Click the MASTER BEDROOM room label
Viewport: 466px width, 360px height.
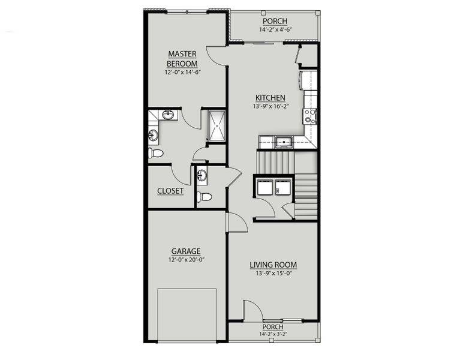[x=182, y=58]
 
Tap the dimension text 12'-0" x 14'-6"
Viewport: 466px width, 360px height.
[x=182, y=72]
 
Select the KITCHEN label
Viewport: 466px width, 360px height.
[x=270, y=98]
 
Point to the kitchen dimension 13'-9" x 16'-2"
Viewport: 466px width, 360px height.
[x=270, y=106]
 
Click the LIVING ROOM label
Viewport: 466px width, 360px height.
[x=273, y=265]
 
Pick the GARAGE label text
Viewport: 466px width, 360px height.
[x=185, y=251]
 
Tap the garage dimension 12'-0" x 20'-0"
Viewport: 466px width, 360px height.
[x=185, y=260]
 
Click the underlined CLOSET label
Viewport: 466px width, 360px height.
[x=170, y=191]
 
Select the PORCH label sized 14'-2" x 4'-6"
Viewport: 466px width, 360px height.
[x=274, y=21]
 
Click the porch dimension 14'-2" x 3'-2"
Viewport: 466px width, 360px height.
[x=273, y=334]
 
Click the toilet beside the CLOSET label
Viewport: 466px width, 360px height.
[x=205, y=196]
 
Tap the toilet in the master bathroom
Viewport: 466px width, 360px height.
[x=155, y=153]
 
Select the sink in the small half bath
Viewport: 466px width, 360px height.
[x=202, y=175]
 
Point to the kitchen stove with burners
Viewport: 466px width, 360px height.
[x=311, y=115]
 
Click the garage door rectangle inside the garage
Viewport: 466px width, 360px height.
[x=187, y=314]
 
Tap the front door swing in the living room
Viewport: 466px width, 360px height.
[x=252, y=311]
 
